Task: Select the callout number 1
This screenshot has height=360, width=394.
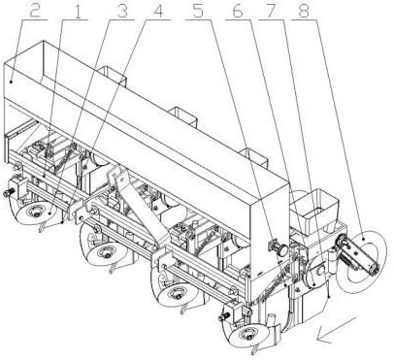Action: pos(77,11)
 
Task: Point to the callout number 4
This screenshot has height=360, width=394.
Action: pos(157,11)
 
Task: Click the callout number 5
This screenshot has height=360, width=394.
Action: pos(199,11)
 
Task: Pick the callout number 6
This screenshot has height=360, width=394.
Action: pos(238,11)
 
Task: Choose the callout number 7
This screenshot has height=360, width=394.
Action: pos(271,11)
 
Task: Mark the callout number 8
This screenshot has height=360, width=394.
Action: pos(304,11)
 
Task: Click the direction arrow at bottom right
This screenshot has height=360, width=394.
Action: pos(337,329)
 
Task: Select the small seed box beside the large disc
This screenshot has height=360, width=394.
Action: pos(313,211)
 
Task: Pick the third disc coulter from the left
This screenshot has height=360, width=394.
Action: pos(177,294)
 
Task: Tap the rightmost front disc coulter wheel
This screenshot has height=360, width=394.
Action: pos(248,333)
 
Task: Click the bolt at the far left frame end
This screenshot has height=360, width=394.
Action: pos(8,193)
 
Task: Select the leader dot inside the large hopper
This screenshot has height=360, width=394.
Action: pos(12,82)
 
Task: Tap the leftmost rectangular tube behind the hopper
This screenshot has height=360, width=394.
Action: pos(112,75)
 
